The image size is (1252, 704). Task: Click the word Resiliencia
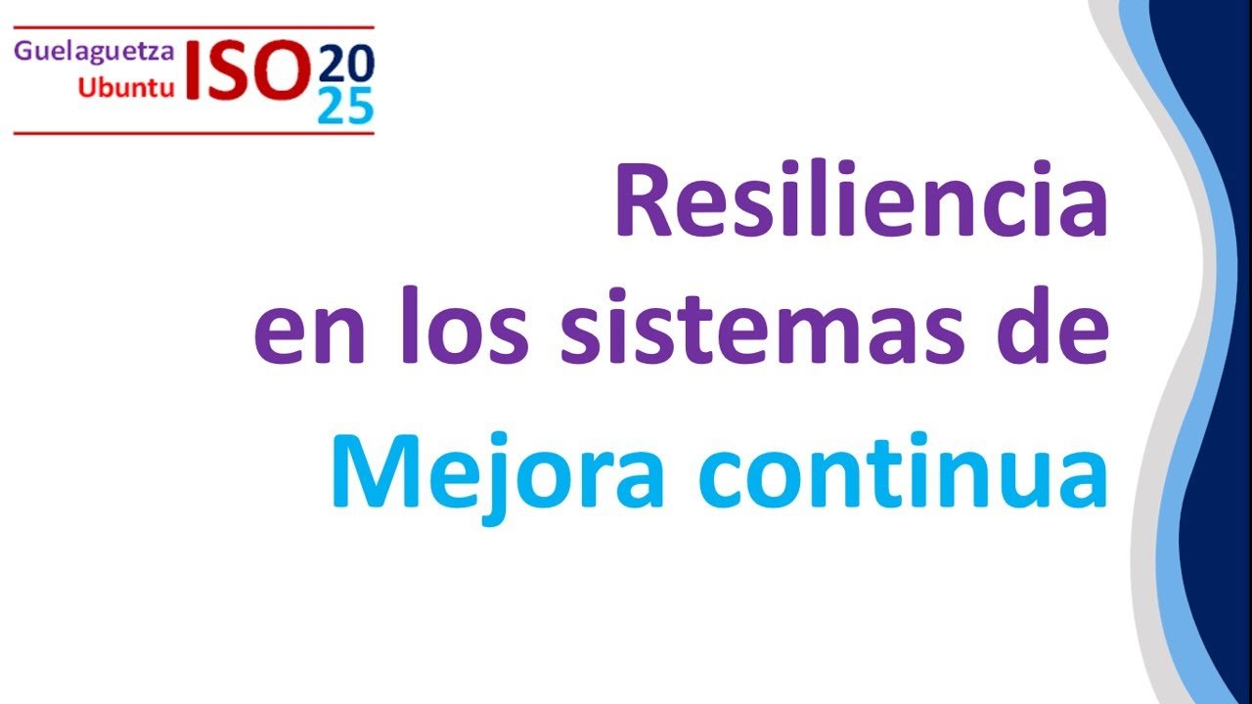coord(862,198)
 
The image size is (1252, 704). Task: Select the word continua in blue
coord(903,470)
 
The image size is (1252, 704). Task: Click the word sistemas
coord(756,326)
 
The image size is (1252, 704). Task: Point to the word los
coord(465,325)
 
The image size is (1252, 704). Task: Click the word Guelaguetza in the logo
coord(94,52)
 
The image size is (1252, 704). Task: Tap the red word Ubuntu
coord(126,87)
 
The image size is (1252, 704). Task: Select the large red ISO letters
coord(247,69)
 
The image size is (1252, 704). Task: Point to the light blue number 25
coord(345,105)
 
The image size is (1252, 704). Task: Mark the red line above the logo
coord(194,26)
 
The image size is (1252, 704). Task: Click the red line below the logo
coord(194,134)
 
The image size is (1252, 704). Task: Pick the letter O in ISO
coord(281,69)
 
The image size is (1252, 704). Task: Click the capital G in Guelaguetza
coord(23,51)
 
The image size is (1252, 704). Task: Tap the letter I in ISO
coord(193,70)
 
